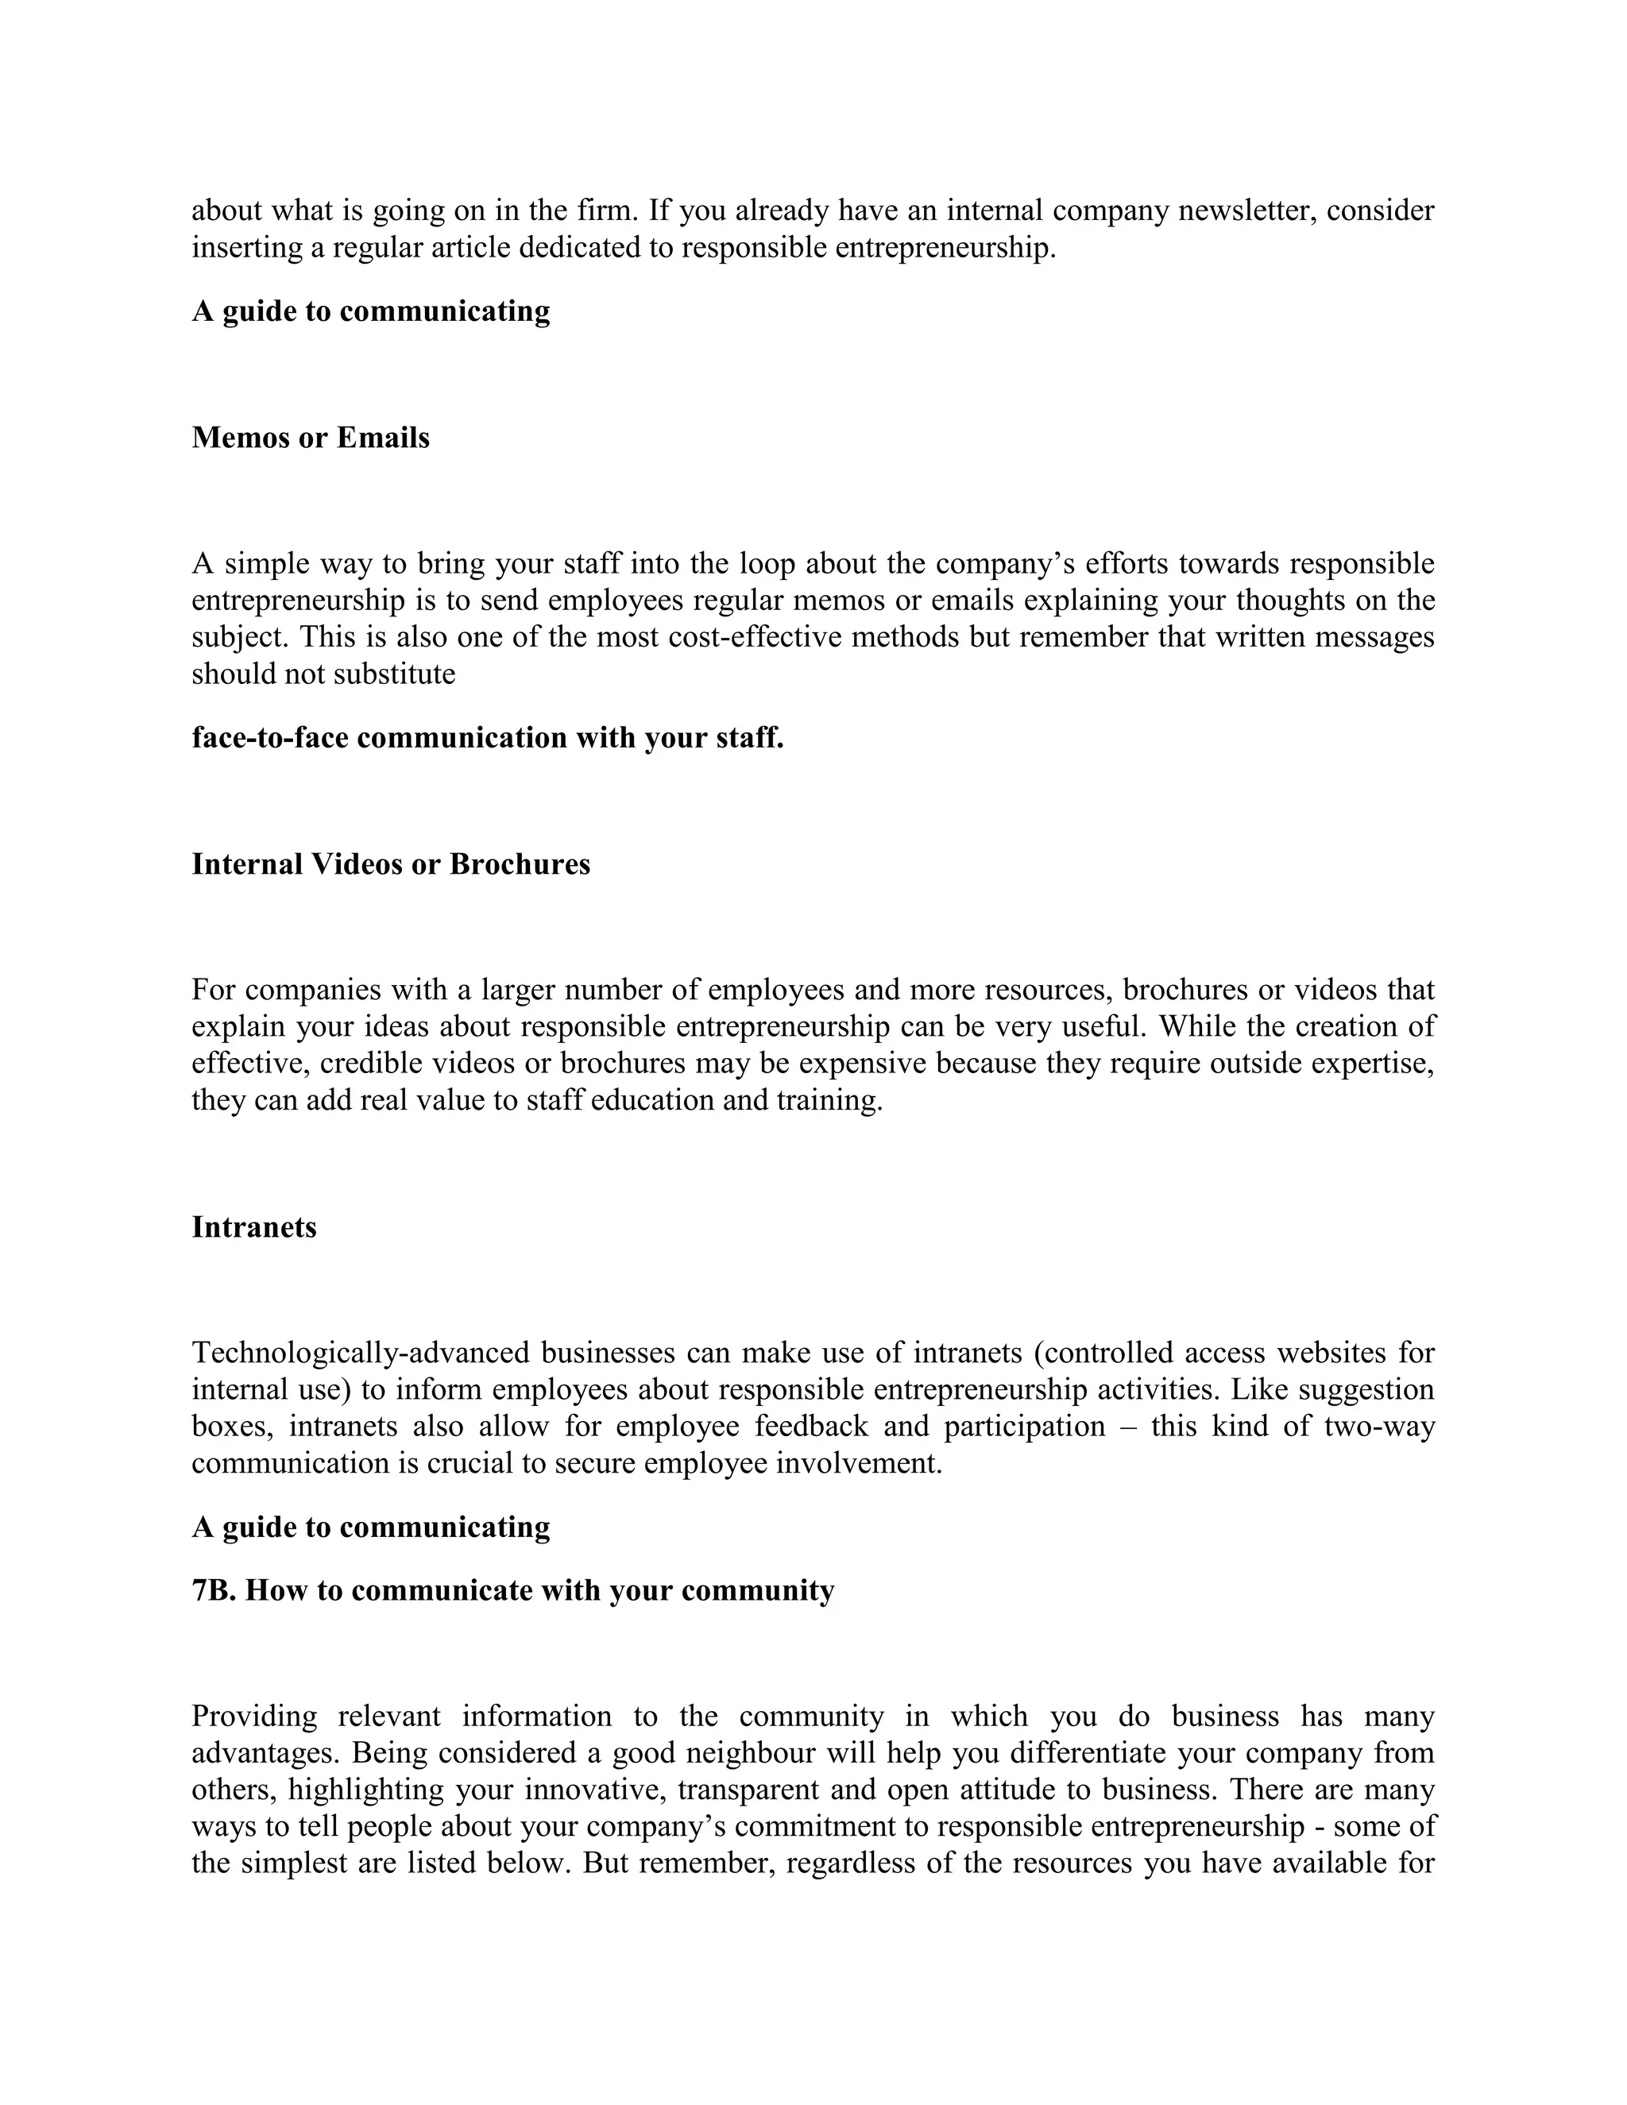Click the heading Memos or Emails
pyautogui.click(x=311, y=438)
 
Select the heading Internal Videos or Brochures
pyautogui.click(x=390, y=863)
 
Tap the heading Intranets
pyautogui.click(x=253, y=1227)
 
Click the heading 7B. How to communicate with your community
pyautogui.click(x=512, y=1590)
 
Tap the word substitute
pyautogui.click(x=394, y=674)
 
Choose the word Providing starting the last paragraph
pyautogui.click(x=254, y=1717)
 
